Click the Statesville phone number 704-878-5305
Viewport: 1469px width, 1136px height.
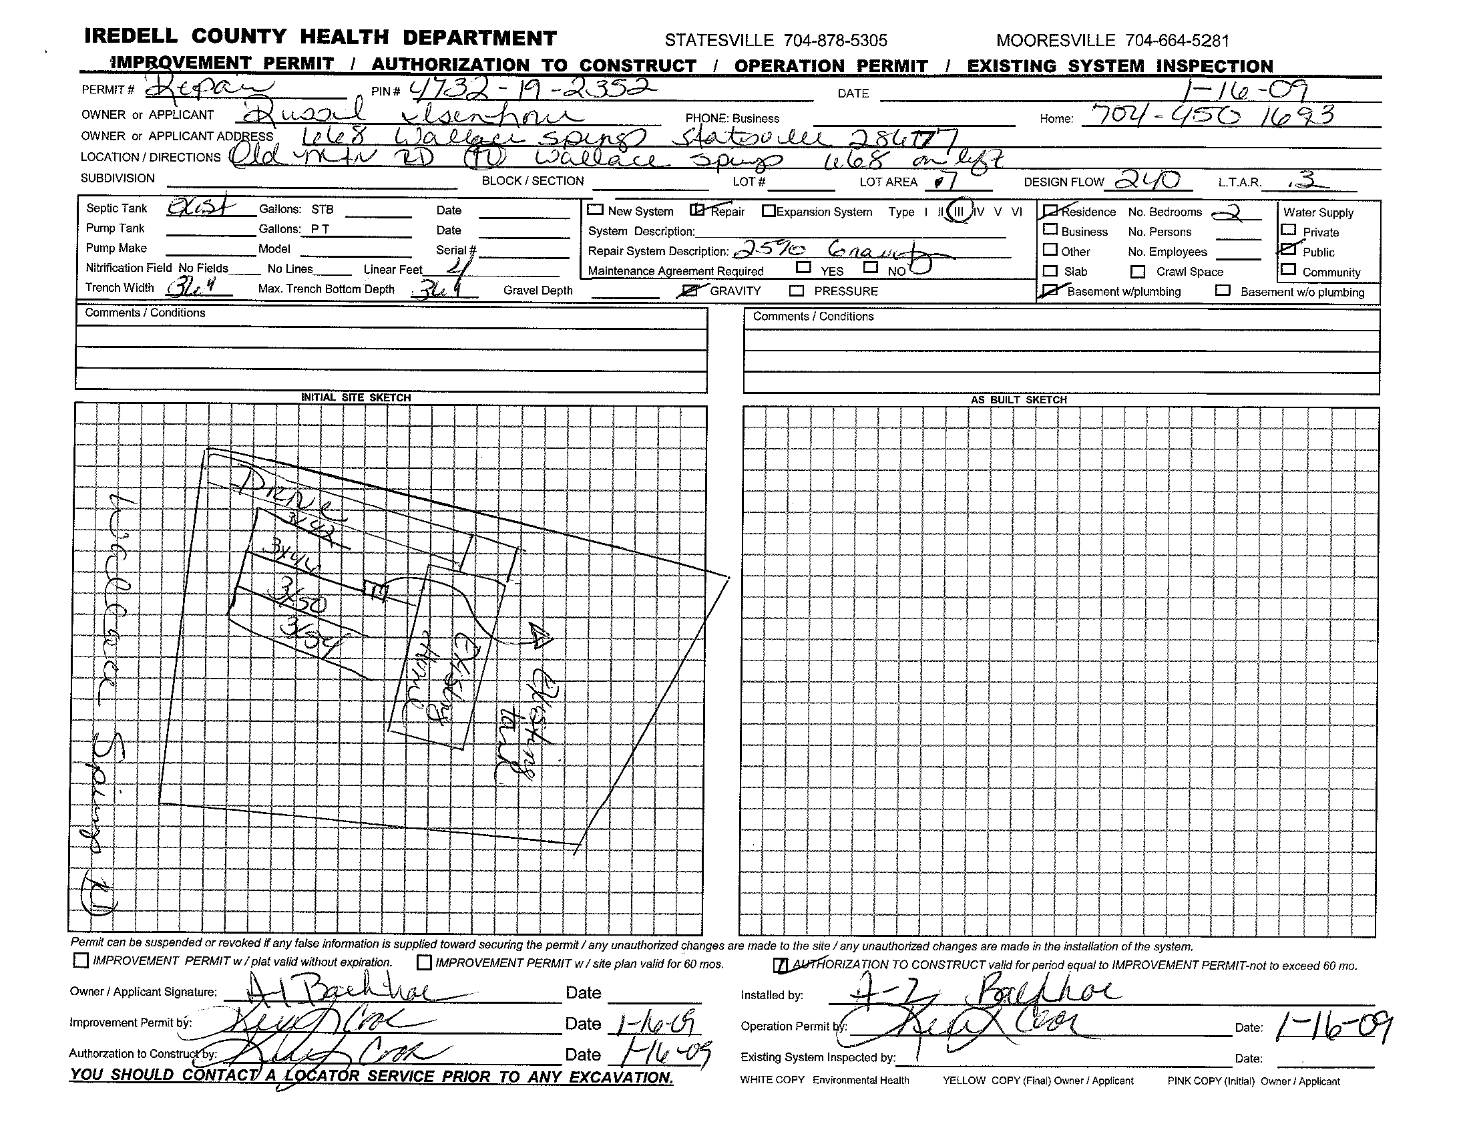point(835,41)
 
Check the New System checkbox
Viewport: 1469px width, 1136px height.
point(595,209)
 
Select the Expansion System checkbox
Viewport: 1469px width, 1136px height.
point(769,210)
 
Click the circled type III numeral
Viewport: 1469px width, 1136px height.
point(958,211)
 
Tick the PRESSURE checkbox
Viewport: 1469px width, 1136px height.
point(797,291)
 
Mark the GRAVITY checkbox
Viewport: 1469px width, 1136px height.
point(691,291)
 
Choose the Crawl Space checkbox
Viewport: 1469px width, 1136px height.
point(1137,272)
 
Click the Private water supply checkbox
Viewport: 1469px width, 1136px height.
point(1289,230)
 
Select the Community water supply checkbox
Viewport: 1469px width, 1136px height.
point(1289,270)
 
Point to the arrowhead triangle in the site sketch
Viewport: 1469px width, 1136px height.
point(540,635)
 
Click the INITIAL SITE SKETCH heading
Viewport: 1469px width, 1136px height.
point(356,397)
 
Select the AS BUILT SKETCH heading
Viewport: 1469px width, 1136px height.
point(1018,399)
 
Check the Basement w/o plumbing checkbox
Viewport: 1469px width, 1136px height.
point(1223,291)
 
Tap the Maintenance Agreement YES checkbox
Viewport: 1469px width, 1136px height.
point(803,267)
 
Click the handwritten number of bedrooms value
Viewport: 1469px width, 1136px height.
point(1235,212)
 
